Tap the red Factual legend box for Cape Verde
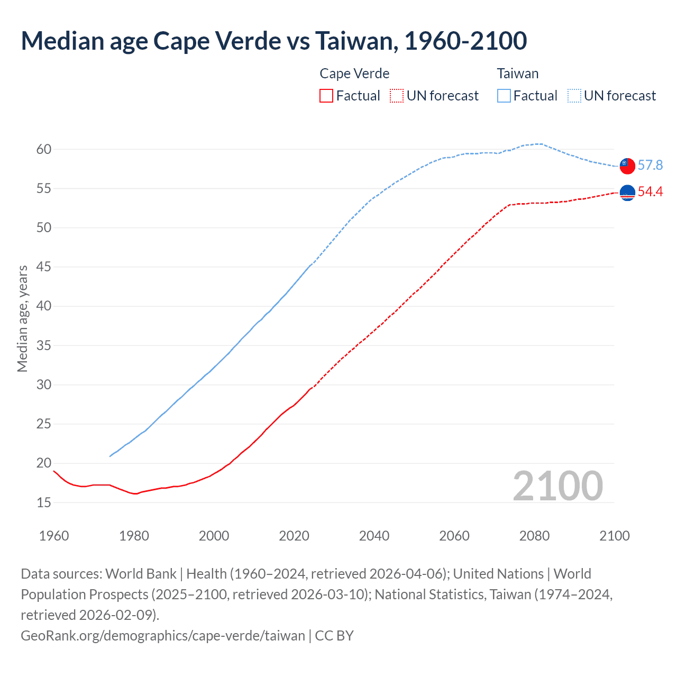(326, 96)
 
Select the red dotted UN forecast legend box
(397, 96)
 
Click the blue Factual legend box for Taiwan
(504, 96)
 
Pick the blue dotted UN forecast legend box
(574, 96)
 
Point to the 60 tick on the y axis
(44, 149)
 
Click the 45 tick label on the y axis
(44, 267)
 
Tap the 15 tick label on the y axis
(44, 502)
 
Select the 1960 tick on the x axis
(54, 536)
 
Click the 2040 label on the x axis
(374, 536)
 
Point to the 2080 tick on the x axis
(534, 536)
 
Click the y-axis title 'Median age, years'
(22, 319)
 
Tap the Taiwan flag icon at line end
(627, 166)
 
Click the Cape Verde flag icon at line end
(627, 194)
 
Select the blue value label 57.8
(650, 166)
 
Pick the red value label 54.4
(650, 192)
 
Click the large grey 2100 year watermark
(557, 486)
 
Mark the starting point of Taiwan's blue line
(110, 456)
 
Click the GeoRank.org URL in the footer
(163, 635)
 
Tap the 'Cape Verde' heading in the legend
(354, 74)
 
